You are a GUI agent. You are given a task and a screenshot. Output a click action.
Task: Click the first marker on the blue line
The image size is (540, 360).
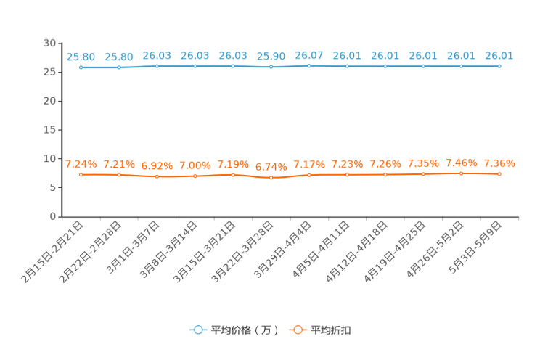(x=81, y=67)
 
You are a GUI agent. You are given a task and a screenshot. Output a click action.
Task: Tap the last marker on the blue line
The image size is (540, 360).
(x=499, y=66)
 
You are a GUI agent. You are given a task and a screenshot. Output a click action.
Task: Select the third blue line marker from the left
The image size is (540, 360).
(x=157, y=66)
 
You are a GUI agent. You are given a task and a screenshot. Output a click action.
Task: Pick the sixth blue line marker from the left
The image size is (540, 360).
(x=271, y=67)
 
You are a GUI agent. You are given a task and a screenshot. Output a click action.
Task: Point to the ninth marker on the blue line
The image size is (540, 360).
(x=385, y=66)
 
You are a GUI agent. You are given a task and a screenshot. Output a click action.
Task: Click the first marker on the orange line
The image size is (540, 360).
(x=81, y=174)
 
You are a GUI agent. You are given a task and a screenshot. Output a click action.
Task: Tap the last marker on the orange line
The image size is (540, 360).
(x=499, y=173)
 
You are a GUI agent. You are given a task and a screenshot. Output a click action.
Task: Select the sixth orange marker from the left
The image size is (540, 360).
(x=271, y=177)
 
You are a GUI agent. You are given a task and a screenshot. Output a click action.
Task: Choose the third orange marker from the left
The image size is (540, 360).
(x=157, y=176)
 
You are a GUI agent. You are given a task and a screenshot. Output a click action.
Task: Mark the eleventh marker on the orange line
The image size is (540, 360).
(x=461, y=173)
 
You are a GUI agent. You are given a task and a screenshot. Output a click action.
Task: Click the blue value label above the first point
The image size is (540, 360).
(x=81, y=56)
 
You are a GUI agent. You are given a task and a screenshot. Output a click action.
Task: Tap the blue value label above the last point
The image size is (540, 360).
(x=499, y=54)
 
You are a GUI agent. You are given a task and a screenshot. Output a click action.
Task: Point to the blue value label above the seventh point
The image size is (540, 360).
(x=309, y=54)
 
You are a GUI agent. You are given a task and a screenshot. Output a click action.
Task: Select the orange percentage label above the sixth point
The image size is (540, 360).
(x=271, y=165)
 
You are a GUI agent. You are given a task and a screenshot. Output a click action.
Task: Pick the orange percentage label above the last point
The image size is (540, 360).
(x=499, y=162)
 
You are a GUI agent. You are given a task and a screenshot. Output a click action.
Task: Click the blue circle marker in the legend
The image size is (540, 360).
(x=197, y=330)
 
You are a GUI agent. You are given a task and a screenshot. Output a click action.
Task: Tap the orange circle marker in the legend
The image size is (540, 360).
(x=297, y=330)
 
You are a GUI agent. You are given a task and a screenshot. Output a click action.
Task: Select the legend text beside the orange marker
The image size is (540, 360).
(x=331, y=330)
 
